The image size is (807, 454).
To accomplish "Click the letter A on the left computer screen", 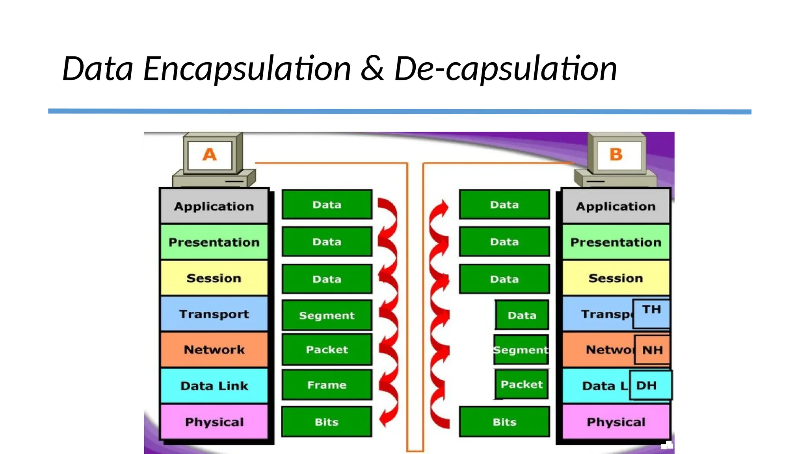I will pos(210,154).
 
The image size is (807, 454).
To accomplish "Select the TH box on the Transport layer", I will pos(651,313).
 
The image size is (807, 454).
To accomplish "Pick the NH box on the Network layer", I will pos(653,350).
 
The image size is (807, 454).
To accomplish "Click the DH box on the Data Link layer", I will pos(650,385).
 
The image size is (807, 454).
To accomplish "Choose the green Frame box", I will pos(327,385).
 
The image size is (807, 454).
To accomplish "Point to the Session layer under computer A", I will pos(214,278).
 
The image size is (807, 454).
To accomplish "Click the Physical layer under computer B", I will pos(616,422).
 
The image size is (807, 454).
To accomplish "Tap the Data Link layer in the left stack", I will pos(214,385).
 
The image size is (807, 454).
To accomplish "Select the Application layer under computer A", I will pos(214,206).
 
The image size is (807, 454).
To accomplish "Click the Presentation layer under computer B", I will pos(616,242).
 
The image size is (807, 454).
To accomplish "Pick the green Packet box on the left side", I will pos(327,350).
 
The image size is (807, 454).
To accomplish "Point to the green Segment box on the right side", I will pos(521,350).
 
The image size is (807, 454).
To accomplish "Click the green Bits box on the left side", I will pos(327,422).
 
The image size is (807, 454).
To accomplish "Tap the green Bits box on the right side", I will pos(504,422).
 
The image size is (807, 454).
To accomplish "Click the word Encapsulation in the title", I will pos(247,69).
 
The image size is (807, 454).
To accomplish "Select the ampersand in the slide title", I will pos(372,69).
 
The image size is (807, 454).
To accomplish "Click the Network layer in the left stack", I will pos(214,350).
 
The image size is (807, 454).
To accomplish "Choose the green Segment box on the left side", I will pos(327,315).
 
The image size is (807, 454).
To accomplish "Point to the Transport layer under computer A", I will pos(214,314).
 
